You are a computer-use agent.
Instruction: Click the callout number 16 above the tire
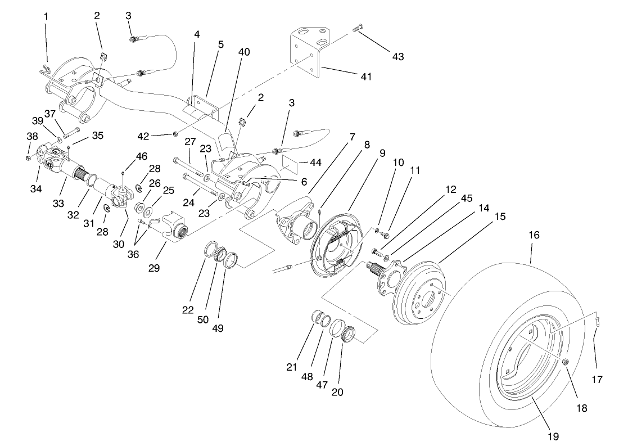534,235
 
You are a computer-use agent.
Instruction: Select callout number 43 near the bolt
397,57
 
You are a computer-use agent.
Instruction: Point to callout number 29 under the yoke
154,268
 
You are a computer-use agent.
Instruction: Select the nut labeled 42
175,133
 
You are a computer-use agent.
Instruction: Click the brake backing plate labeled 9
337,247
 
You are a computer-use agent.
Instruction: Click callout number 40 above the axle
243,52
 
